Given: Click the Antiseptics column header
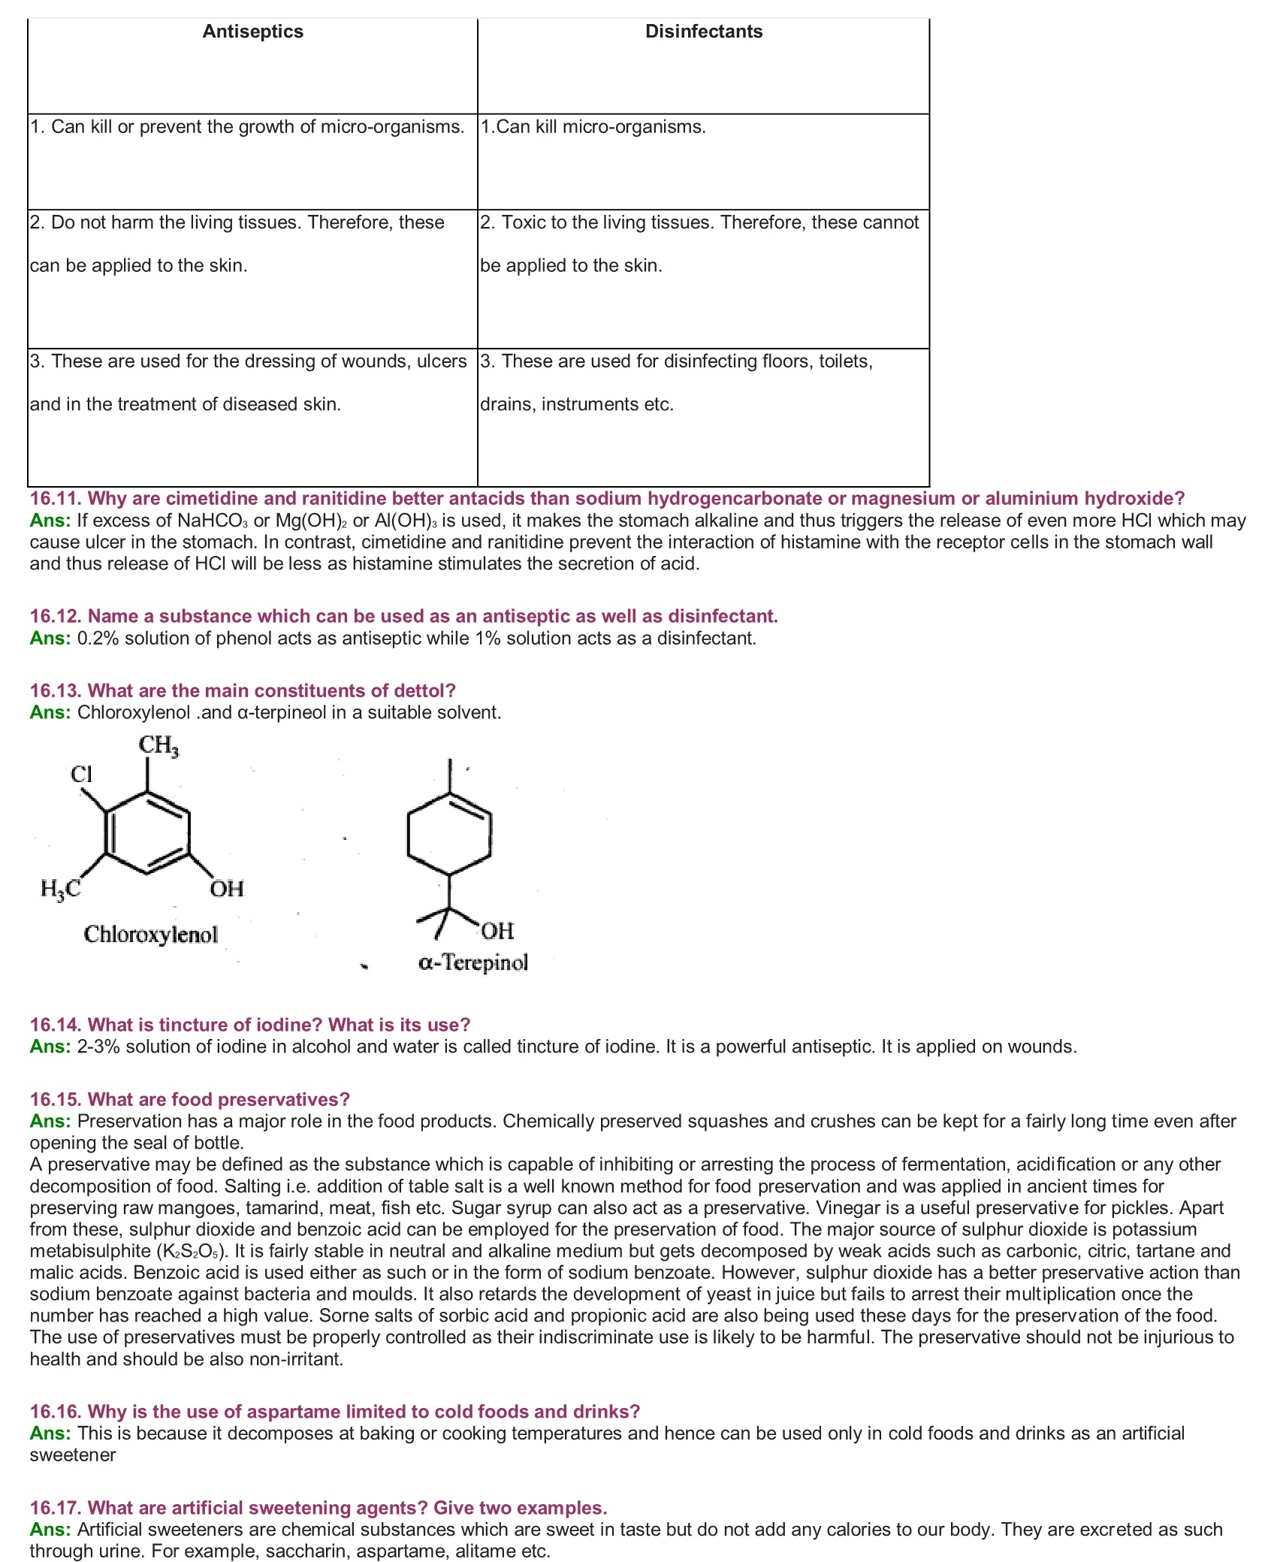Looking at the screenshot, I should tap(252, 32).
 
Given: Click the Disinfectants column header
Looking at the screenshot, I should tap(703, 32).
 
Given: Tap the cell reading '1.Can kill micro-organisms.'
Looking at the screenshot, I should tap(593, 127).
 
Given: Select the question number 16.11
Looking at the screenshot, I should tap(56, 499).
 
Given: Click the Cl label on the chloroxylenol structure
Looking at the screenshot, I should tap(81, 774).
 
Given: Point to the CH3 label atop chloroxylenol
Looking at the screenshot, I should tap(158, 745).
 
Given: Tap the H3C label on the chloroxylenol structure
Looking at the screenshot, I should tap(60, 890).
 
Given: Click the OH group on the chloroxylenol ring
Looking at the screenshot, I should tap(226, 890).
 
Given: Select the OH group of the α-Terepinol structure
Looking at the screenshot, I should tap(497, 932).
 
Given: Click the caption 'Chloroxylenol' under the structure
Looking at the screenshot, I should tap(150, 935).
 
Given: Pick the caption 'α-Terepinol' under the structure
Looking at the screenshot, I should tap(473, 962).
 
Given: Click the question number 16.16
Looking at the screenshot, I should tap(56, 1412).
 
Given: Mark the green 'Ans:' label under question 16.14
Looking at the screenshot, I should tap(50, 1047).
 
